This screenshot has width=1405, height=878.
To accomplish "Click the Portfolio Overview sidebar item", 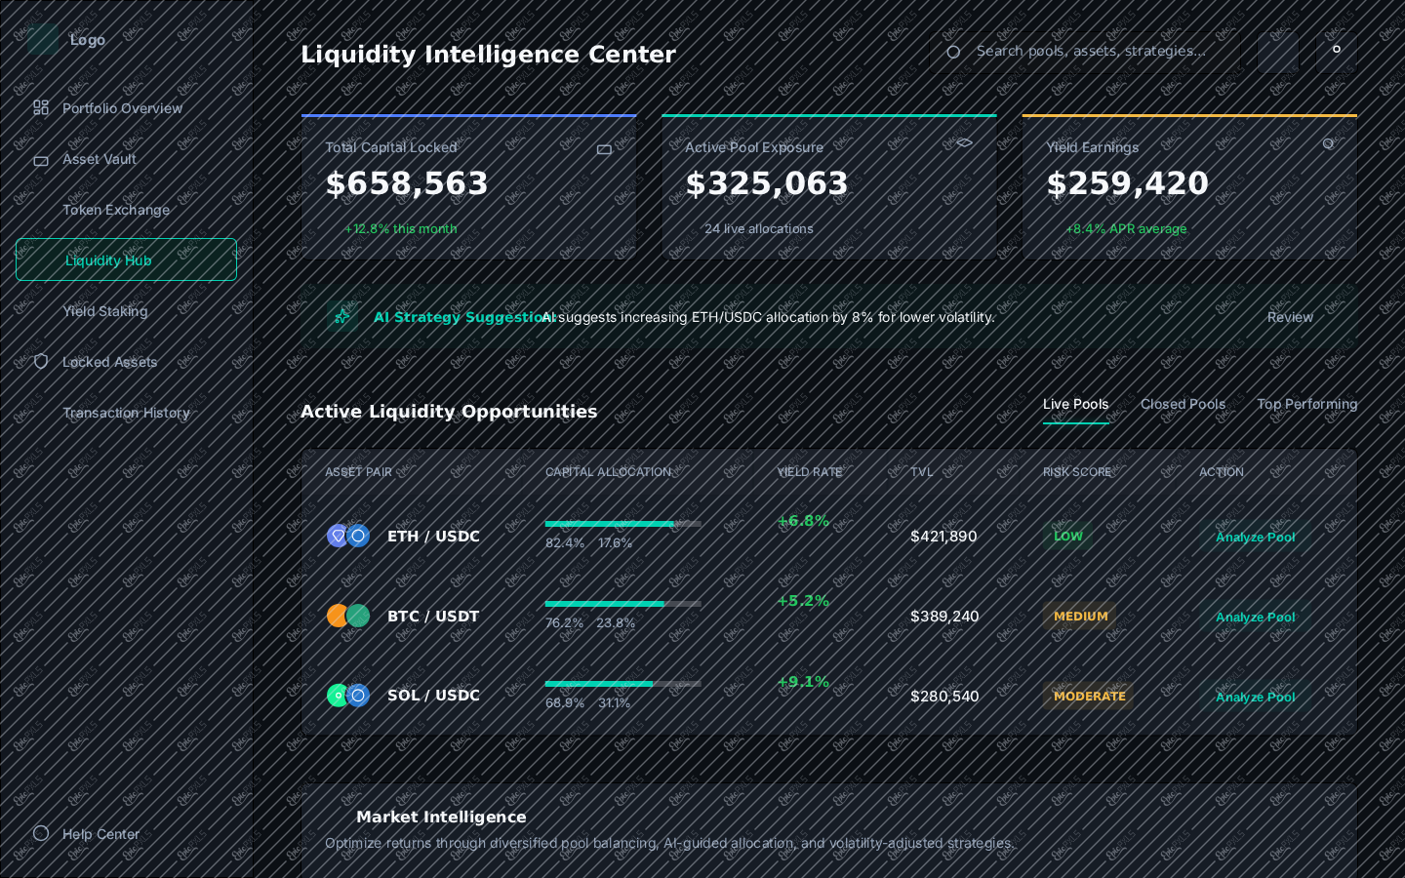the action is point(107,108).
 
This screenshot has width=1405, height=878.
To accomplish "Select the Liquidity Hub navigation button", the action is point(126,259).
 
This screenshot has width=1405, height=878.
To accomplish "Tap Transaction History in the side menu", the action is point(126,413).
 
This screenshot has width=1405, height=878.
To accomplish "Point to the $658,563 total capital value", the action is point(407,183).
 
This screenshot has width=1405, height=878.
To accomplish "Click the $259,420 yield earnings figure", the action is point(1127,183).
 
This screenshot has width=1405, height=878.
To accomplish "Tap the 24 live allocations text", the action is point(758,229).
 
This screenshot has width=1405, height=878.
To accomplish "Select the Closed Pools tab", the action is point(1183,404).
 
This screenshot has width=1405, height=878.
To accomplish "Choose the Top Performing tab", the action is point(1306,404).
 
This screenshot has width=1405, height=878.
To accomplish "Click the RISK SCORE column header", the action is point(1076,472).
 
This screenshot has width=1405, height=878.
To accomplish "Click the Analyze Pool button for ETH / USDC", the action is point(1255,537).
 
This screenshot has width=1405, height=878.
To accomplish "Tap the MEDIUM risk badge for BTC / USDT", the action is point(1080,617).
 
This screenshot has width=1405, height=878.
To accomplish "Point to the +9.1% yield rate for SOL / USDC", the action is point(803,681).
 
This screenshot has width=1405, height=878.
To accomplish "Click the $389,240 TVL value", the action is point(944,617).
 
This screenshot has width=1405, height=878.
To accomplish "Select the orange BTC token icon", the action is point(337,616).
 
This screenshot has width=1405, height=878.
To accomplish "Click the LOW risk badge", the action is point(1067,537).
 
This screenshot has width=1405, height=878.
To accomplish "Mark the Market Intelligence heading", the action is point(441,817).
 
